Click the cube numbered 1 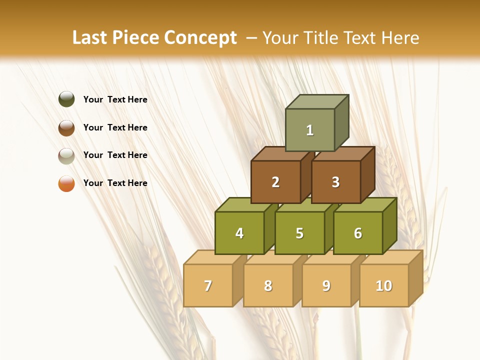pyautogui.click(x=310, y=130)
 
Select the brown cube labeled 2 pyautogui.click(x=275, y=182)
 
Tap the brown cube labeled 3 pyautogui.click(x=335, y=182)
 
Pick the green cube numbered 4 pyautogui.click(x=239, y=233)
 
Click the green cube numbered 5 pyautogui.click(x=299, y=233)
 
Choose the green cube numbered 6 pyautogui.click(x=358, y=233)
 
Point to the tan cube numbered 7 pyautogui.click(x=208, y=285)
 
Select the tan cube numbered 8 pyautogui.click(x=268, y=285)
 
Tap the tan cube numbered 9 pyautogui.click(x=326, y=285)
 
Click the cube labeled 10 pyautogui.click(x=384, y=285)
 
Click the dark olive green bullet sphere pyautogui.click(x=66, y=99)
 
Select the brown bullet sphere pyautogui.click(x=66, y=127)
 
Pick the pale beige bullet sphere pyautogui.click(x=66, y=155)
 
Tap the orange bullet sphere pyautogui.click(x=66, y=183)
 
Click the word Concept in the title pyautogui.click(x=200, y=38)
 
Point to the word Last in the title pyautogui.click(x=90, y=38)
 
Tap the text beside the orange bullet pyautogui.click(x=115, y=183)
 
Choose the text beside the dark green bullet pyautogui.click(x=115, y=99)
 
